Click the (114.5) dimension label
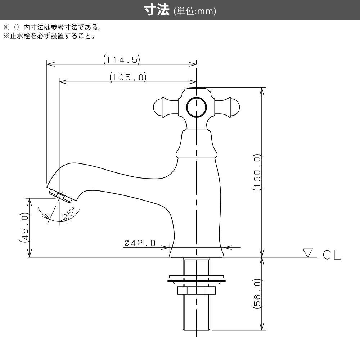pos(121,59)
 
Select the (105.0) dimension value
pos(127,77)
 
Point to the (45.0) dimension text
pos(24,228)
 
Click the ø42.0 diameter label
pos(140,243)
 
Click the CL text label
pos(331,255)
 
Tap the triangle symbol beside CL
pos(308,252)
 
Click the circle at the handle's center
pos(196,107)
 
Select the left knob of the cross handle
pos(159,107)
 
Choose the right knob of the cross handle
pos(233,107)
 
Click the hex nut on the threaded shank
pos(196,290)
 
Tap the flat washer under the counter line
pos(196,279)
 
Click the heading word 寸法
pos(157,11)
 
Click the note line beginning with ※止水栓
pos(49,36)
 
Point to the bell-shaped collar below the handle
pos(197,144)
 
